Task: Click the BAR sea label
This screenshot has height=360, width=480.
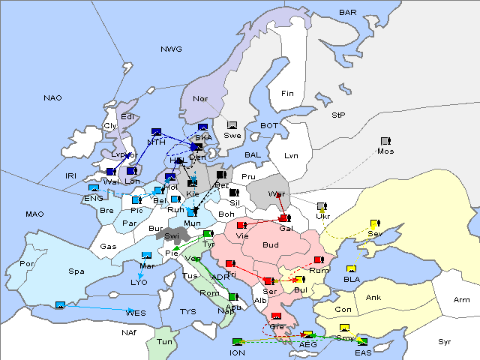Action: (x=347, y=13)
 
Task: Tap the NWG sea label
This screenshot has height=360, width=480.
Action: (x=171, y=49)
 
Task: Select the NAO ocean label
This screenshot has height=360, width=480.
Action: (x=52, y=98)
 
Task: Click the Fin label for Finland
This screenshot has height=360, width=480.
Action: (x=286, y=94)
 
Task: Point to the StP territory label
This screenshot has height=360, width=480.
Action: (x=338, y=115)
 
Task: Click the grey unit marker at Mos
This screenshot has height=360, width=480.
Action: (x=385, y=141)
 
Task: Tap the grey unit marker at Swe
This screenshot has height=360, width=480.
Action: (x=232, y=125)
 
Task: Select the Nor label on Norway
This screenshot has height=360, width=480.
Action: (x=200, y=98)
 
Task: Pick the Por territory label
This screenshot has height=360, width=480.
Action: (x=27, y=264)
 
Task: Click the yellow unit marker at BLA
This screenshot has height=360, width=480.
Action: (x=350, y=268)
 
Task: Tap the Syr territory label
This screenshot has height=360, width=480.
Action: (x=445, y=341)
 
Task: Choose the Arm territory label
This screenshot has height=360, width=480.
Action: (x=462, y=300)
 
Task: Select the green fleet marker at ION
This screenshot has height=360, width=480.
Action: (x=238, y=342)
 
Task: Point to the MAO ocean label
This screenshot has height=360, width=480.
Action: (x=34, y=214)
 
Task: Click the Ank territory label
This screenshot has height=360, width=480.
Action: (x=373, y=298)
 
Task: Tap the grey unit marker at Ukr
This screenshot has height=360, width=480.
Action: (x=321, y=206)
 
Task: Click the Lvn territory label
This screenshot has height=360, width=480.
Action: (x=291, y=156)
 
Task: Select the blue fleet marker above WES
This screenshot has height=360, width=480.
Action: (x=60, y=305)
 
